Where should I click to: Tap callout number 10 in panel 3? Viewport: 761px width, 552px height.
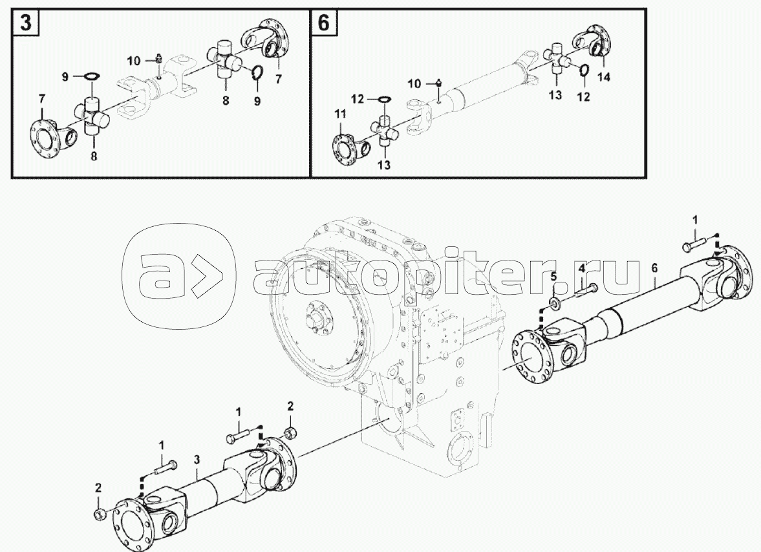coord(134,61)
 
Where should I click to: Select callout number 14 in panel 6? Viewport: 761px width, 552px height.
coord(603,76)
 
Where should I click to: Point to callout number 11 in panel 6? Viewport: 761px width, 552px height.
coord(339,114)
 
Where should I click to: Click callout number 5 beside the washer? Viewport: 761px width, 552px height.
coord(553,277)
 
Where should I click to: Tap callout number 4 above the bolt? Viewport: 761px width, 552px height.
coord(581,268)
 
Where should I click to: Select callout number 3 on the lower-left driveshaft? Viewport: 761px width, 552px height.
coord(197,460)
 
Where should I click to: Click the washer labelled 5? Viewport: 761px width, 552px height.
coord(553,304)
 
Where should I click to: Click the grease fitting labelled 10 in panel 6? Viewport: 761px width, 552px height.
coord(439,83)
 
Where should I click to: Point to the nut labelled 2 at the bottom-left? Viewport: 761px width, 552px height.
coord(98,514)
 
